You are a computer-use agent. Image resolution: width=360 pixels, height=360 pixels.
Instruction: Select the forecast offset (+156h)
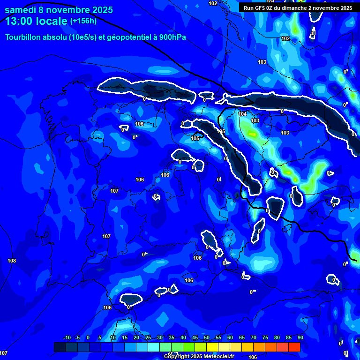point(83,21)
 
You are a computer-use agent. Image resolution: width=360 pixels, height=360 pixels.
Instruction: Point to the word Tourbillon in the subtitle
point(23,37)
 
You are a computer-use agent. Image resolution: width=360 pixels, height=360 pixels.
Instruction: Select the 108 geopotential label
point(12,261)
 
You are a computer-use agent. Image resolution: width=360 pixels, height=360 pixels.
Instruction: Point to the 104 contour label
point(242,114)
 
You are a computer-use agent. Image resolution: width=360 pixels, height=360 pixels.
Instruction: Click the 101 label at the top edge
point(270,2)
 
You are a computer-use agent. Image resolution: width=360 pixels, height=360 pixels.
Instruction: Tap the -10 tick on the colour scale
point(67,338)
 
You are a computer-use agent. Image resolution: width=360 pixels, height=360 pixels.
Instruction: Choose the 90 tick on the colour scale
point(300,338)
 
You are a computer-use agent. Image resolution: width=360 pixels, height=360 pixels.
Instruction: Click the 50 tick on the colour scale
point(206,338)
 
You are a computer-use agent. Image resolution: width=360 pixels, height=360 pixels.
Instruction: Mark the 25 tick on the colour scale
point(148,338)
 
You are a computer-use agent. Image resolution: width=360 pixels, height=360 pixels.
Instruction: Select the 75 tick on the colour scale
point(265,338)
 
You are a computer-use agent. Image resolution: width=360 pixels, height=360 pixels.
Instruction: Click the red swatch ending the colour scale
point(294,347)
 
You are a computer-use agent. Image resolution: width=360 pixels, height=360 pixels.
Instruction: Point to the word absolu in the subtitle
point(54,37)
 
